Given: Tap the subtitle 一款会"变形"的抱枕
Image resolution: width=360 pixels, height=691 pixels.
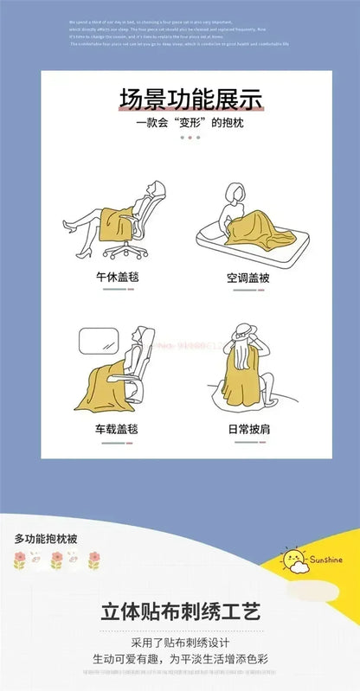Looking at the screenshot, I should (180, 123).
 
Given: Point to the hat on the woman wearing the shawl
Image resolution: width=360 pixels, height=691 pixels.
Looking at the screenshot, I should (235, 335).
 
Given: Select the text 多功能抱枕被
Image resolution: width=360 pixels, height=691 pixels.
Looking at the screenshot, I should (46, 539).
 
